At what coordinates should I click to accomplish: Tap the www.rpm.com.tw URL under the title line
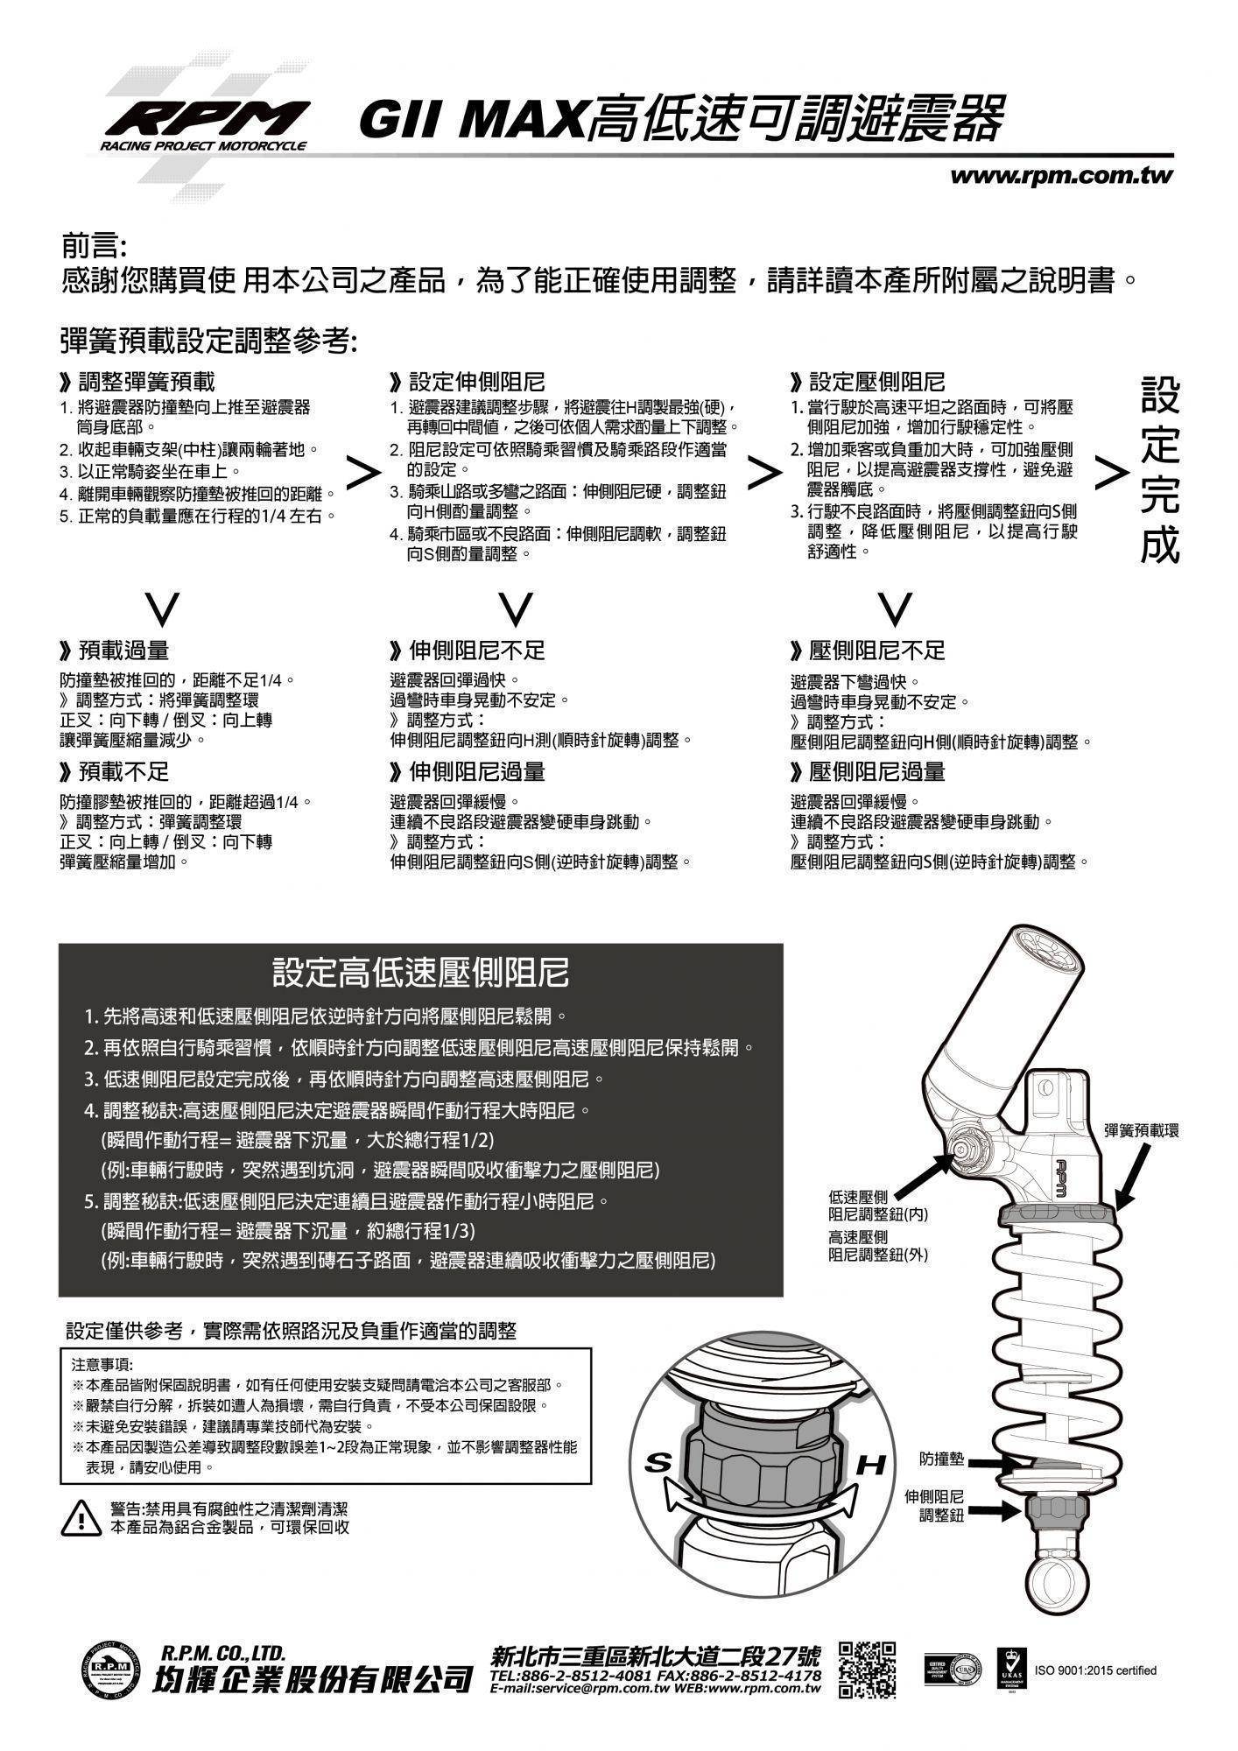coord(1061,175)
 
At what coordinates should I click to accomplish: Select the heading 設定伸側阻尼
coord(468,382)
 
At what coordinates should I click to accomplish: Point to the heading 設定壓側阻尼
coord(869,382)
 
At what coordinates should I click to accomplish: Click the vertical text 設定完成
coord(1160,471)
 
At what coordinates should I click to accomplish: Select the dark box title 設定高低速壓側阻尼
coord(420,972)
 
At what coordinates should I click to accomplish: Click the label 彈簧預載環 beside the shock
coord(1141,1130)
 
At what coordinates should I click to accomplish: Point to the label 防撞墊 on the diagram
coord(942,1459)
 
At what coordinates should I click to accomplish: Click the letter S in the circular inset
coord(658,1463)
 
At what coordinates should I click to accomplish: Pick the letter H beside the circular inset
coord(870,1465)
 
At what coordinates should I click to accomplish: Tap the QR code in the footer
coord(867,1670)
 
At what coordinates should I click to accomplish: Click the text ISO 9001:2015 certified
coord(1095,1670)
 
